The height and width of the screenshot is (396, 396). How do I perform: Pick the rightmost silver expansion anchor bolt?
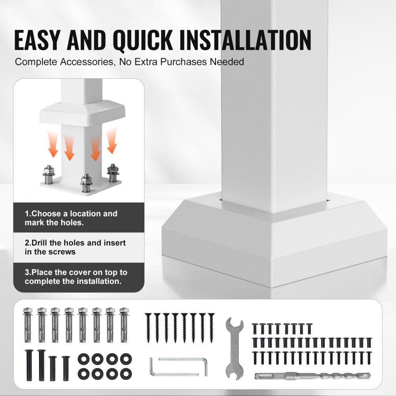click(x=124, y=325)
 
